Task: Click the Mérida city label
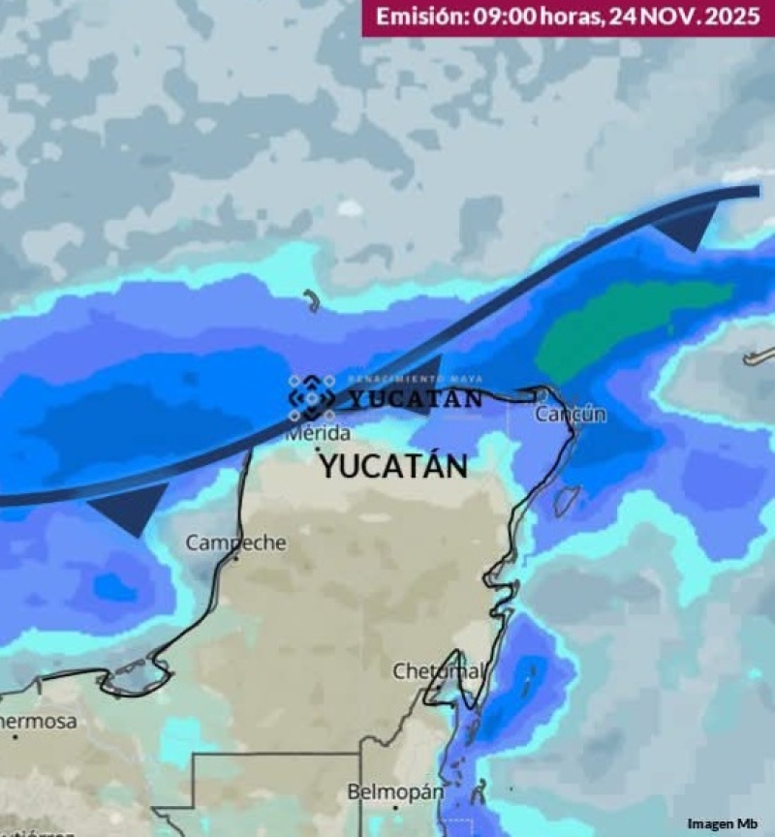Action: (x=318, y=434)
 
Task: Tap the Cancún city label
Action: (x=571, y=415)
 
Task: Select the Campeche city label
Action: (x=235, y=542)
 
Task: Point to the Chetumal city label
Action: (x=438, y=670)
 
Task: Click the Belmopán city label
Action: (x=395, y=791)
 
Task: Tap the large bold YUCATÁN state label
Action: (x=393, y=466)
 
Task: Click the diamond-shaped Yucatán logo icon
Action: (x=312, y=397)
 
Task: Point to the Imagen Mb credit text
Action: (x=723, y=823)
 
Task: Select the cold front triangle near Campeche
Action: (x=131, y=506)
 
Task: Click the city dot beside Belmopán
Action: (x=395, y=807)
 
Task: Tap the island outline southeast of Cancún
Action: (x=567, y=500)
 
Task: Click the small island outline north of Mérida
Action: (x=311, y=300)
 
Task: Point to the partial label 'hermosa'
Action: (x=37, y=722)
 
